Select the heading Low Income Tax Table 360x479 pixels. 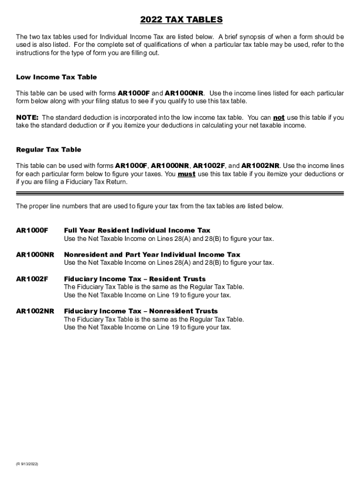click(57, 77)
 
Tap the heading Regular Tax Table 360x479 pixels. click(49, 150)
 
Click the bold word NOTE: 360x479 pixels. click(28, 117)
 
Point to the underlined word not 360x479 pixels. click(279, 117)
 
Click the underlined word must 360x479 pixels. click(187, 174)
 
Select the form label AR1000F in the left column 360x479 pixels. click(32, 231)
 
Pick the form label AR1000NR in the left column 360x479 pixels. click(35, 255)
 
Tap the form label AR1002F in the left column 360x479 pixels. click(32, 279)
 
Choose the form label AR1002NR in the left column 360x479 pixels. click(35, 311)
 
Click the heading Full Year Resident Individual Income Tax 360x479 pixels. click(137, 231)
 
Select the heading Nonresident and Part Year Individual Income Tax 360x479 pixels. click(152, 255)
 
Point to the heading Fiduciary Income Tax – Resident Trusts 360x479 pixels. click(135, 279)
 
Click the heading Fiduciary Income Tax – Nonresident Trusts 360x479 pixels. click(141, 311)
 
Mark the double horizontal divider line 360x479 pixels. click(180, 193)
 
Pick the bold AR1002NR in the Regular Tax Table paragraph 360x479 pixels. click(260, 166)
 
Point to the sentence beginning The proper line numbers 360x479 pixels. click(150, 206)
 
